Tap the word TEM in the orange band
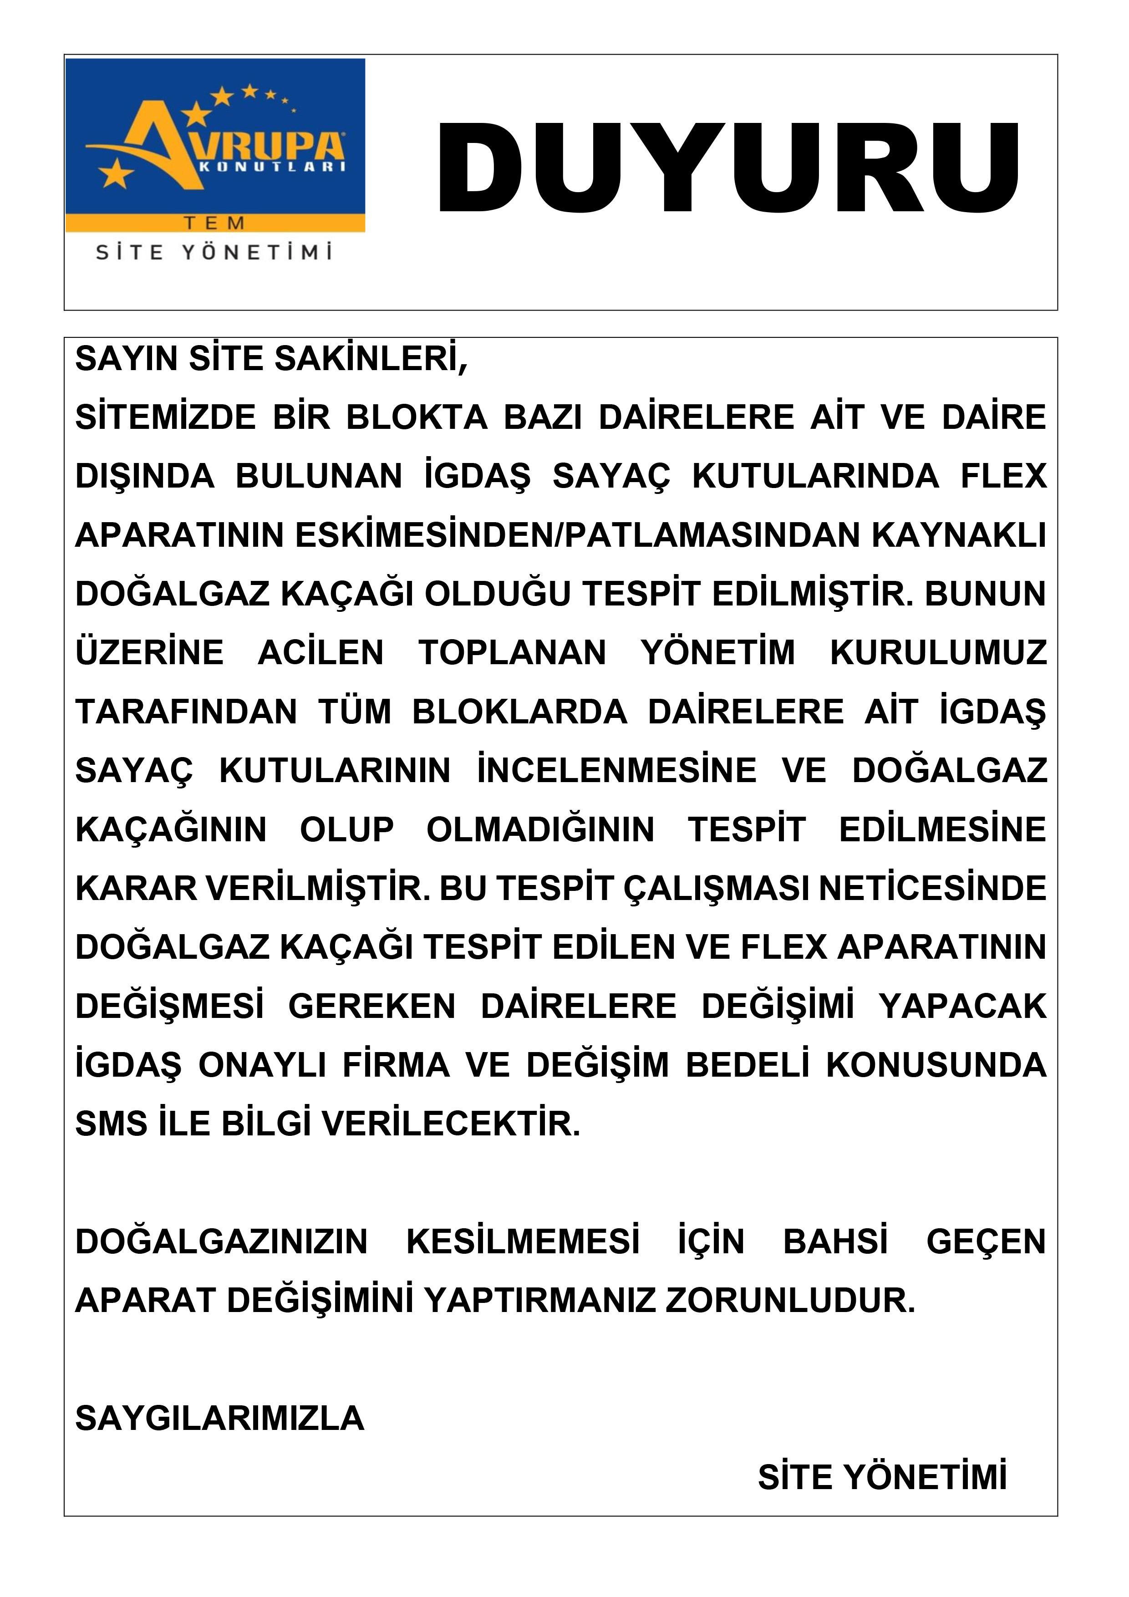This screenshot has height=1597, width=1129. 214,223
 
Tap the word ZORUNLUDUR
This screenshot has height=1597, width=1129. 790,1300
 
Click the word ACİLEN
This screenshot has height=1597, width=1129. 320,652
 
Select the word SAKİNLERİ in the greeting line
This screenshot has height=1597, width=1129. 371,359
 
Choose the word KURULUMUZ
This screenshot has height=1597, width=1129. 938,652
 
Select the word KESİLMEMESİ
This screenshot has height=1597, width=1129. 523,1241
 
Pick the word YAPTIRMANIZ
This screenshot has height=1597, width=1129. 540,1300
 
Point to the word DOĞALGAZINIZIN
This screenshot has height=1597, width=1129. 221,1241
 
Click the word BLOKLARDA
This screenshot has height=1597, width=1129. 519,712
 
